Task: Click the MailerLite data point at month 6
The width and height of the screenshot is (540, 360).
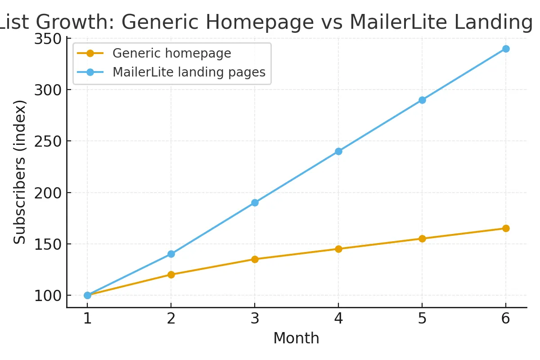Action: (506, 49)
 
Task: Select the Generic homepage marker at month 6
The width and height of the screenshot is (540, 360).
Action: (506, 228)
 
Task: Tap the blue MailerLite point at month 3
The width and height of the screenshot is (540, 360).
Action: (255, 202)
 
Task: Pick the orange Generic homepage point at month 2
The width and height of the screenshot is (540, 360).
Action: (171, 274)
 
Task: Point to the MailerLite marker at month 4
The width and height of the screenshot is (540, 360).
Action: (338, 151)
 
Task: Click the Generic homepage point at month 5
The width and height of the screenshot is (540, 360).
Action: (422, 238)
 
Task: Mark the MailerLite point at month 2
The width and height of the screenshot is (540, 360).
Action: (171, 254)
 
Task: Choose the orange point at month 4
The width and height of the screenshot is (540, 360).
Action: (338, 249)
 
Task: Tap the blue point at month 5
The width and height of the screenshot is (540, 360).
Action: (422, 100)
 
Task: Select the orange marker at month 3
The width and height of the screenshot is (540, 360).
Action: (255, 259)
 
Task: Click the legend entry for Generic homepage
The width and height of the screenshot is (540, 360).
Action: (171, 54)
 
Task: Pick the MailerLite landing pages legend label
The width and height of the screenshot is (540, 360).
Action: (189, 72)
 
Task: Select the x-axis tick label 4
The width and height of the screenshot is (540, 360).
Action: (338, 319)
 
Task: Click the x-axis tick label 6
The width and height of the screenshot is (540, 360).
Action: (506, 319)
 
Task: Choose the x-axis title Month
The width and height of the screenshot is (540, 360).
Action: (296, 338)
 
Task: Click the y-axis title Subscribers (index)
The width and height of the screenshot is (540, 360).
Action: (19, 172)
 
